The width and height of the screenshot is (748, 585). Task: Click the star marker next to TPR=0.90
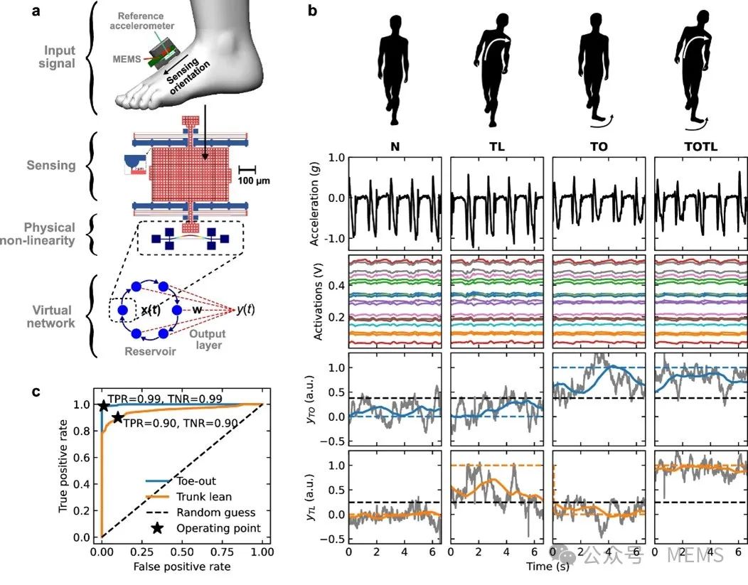click(117, 418)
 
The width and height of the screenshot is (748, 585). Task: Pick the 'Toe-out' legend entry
click(196, 481)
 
